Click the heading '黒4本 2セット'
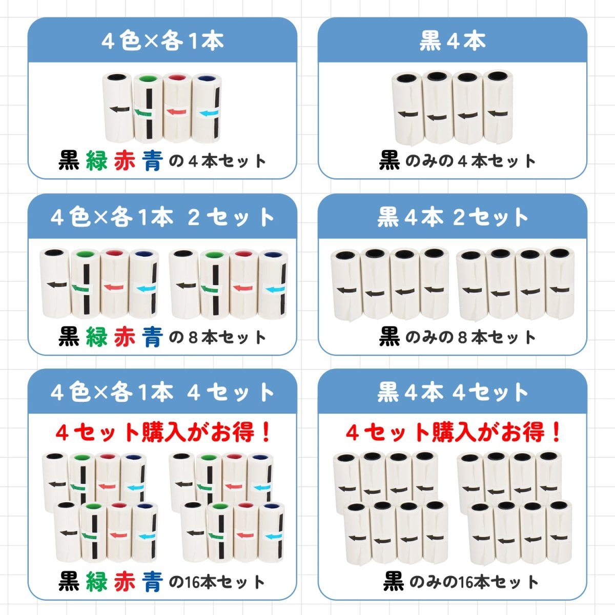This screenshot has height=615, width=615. pyautogui.click(x=453, y=218)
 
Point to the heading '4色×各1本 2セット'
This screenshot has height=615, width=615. pyautogui.click(x=162, y=218)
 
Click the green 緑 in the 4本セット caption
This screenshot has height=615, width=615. pyautogui.click(x=97, y=160)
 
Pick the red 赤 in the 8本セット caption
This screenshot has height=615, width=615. pyautogui.click(x=125, y=337)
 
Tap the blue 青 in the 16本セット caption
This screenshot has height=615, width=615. pyautogui.click(x=153, y=582)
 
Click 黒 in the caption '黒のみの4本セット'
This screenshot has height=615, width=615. pyautogui.click(x=389, y=160)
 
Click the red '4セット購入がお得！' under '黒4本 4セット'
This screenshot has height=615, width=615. pyautogui.click(x=453, y=433)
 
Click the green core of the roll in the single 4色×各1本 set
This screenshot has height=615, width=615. pyautogui.click(x=148, y=78)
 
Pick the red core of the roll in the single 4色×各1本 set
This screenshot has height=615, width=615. pyautogui.click(x=177, y=78)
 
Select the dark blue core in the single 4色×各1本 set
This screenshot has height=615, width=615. pyautogui.click(x=207, y=78)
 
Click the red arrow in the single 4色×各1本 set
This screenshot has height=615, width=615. pyautogui.click(x=176, y=112)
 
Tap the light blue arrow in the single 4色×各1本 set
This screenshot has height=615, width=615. pyautogui.click(x=208, y=112)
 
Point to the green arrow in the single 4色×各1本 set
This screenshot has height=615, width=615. pyautogui.click(x=143, y=112)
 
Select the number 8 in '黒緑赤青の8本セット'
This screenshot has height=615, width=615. pyautogui.click(x=194, y=338)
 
